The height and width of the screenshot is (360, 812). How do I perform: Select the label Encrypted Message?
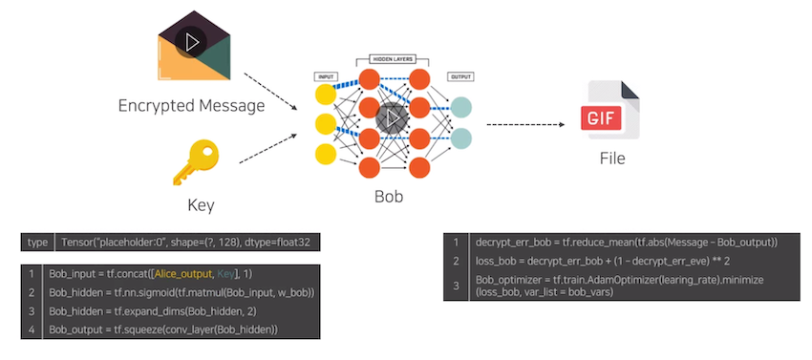[191, 105]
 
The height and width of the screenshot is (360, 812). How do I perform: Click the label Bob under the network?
[389, 198]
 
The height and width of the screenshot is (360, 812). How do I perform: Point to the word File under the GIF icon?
[612, 159]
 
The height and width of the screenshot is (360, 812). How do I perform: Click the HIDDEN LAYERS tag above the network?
[389, 58]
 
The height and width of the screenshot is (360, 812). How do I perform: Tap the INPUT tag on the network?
[325, 75]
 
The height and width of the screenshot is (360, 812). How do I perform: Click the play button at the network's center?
[392, 118]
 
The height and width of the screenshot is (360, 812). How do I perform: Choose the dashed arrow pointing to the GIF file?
[525, 124]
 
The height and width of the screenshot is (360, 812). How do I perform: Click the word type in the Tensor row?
[37, 243]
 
